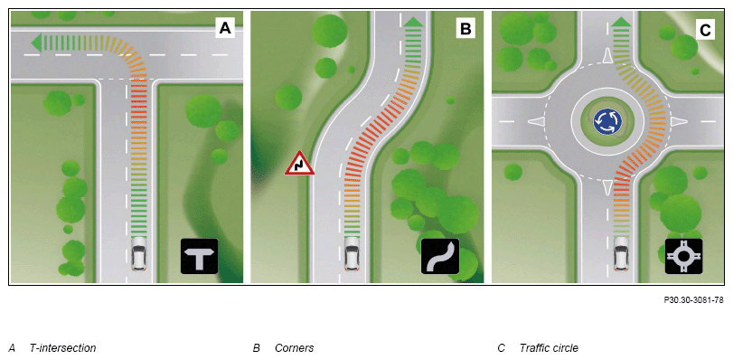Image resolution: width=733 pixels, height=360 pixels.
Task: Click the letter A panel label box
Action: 225,28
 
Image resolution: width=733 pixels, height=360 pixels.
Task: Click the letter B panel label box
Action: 465,28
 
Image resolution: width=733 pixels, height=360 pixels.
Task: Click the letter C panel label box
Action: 705,30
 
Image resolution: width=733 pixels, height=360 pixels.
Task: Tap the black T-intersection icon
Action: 200,256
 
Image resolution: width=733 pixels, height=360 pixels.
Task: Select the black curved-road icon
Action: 440,256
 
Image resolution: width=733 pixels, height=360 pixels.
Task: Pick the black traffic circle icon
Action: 683,256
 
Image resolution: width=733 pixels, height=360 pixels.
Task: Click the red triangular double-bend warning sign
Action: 300,164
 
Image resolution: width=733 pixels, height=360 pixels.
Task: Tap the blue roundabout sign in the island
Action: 607,122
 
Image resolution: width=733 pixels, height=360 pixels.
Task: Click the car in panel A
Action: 139,253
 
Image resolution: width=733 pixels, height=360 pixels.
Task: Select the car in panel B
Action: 353,253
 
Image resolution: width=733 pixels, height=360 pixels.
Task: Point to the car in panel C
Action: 621,253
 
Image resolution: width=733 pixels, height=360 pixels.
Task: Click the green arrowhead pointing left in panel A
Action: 35,42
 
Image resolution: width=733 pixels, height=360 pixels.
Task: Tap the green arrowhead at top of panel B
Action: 412,22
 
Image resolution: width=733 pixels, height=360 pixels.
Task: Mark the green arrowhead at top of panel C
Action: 621,22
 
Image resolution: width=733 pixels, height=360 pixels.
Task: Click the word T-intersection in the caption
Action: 62,348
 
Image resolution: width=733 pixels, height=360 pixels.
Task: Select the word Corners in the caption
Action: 294,348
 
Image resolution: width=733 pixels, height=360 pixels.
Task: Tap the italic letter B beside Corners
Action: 256,348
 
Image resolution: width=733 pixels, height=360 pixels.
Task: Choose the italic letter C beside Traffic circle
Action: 501,348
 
